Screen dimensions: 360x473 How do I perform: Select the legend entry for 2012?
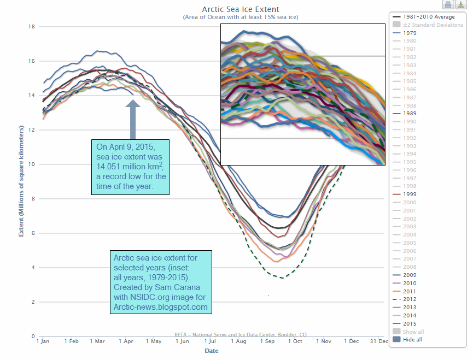coord(408,299)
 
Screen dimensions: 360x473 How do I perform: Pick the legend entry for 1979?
coord(408,33)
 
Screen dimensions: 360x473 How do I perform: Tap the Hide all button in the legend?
coord(413,339)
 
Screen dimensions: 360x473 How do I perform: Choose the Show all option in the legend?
coord(413,332)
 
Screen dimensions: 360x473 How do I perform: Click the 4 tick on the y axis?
coord(33,268)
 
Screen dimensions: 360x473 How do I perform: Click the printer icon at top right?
coord(448,5)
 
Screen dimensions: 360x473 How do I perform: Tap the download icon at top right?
coord(460,5)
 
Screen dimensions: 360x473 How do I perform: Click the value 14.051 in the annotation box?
coord(114,167)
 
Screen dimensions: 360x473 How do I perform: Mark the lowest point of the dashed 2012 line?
coord(282,278)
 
